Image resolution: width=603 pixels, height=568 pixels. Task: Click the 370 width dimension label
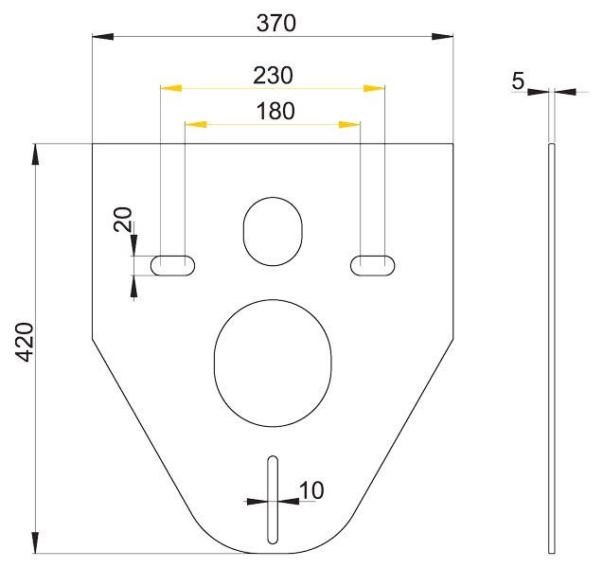(276, 23)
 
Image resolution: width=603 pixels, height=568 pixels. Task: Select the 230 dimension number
(273, 76)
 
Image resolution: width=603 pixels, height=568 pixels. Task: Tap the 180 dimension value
(275, 111)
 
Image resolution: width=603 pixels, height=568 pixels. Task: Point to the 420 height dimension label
(26, 342)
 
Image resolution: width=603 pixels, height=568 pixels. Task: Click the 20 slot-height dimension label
(123, 220)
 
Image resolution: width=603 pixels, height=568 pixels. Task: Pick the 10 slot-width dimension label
(311, 490)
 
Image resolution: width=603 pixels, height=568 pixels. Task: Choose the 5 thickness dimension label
(518, 81)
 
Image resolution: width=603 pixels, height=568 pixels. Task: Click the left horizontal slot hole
(172, 265)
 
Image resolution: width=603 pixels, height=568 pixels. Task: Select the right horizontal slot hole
(373, 265)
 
